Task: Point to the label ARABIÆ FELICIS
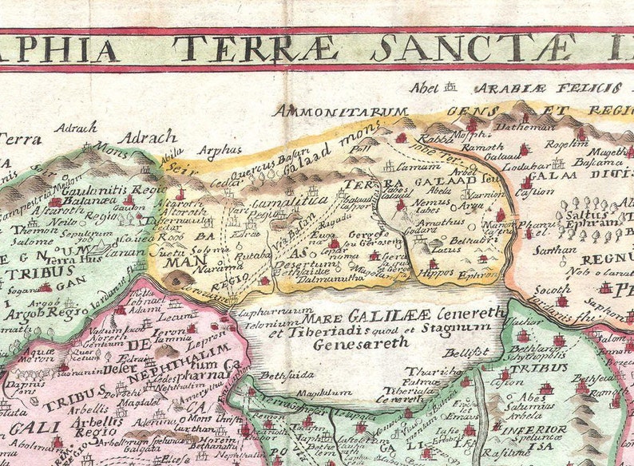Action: click(x=525, y=88)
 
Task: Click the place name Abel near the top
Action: click(x=424, y=88)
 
